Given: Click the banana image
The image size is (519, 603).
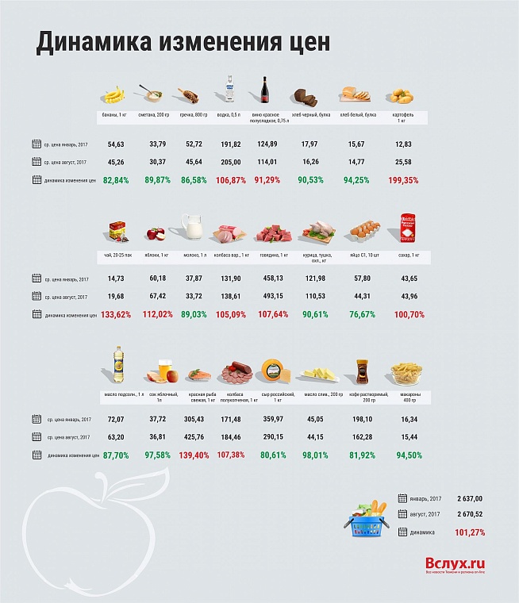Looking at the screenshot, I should (116, 95).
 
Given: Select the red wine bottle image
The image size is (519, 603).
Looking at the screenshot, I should (263, 90).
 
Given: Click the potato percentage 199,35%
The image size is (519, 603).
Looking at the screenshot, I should (403, 180).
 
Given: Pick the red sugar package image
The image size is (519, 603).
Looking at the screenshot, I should (408, 228).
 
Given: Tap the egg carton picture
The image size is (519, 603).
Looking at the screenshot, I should (365, 231).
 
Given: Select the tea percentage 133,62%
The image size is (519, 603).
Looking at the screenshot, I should (116, 314).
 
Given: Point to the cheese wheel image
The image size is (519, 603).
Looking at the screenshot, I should (273, 369).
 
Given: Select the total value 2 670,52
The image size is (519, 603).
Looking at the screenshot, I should (469, 514).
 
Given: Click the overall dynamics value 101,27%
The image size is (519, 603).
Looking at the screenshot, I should (470, 532).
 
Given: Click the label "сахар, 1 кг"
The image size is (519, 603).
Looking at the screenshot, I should (409, 255).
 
